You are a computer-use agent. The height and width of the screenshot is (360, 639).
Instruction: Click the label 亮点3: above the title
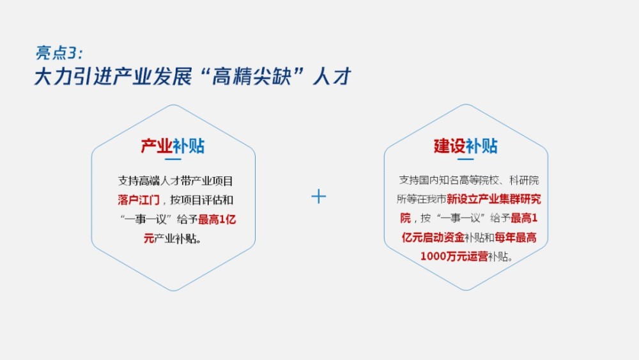[x=59, y=52]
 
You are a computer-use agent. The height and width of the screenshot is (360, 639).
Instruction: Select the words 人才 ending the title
[x=332, y=76]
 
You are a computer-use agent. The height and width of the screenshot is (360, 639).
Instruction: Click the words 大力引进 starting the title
[x=73, y=76]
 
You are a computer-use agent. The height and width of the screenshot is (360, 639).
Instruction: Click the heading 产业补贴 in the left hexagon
[x=173, y=146]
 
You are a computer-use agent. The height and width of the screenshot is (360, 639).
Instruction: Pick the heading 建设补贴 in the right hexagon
[x=465, y=146]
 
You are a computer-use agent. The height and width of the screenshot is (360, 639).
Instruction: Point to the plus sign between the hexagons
[x=319, y=196]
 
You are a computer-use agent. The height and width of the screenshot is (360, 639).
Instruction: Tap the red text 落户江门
[x=139, y=200]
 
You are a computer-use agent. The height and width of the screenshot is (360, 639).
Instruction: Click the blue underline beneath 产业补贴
[x=173, y=159]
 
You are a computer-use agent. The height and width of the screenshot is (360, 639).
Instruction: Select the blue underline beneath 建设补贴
[x=465, y=159]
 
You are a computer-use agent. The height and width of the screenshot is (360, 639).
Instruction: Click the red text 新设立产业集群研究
[x=494, y=199]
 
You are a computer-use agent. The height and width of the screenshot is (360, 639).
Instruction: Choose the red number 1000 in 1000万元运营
[x=433, y=256]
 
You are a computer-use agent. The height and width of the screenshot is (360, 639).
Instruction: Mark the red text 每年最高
[x=516, y=237]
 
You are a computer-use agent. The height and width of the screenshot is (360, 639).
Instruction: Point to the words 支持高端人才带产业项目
[x=175, y=180]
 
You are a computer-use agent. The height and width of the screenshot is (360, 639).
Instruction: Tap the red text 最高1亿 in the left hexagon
[x=217, y=219]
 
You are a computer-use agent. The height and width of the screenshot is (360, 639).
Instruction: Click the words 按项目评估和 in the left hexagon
[x=202, y=200]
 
